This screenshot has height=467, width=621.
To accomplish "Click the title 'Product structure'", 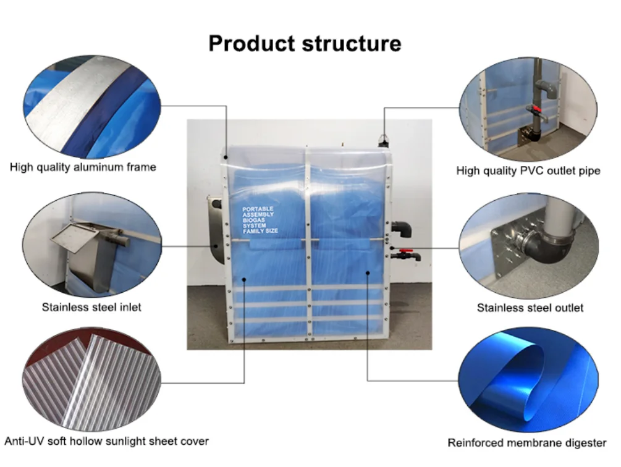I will coord(305,43).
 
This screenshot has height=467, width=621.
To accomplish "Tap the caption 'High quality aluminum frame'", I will coord(83,167).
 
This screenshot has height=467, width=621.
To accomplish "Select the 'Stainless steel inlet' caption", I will coord(91,307).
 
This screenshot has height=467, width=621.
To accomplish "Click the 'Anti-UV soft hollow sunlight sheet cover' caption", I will coord(106,441).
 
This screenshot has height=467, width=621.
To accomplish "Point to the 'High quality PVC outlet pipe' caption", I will coord(528,170).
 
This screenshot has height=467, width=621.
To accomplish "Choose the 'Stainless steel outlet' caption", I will coord(530,307).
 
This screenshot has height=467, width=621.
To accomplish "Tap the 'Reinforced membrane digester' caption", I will coord(527,442).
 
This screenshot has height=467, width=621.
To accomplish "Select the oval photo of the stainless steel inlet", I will coord(91,243).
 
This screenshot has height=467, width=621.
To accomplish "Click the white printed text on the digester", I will coord(260,220).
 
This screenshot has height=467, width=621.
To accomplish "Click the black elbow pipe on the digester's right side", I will coord(402,229).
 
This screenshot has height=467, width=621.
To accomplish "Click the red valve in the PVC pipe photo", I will coord(536,110).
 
